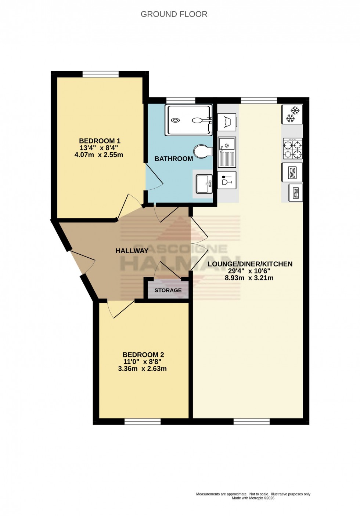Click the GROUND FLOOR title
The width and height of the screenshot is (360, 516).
pos(174,14)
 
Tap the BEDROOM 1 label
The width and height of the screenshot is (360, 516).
pos(100,141)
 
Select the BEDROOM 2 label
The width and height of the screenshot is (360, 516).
pos(143,355)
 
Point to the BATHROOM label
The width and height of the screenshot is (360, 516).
pos(173,159)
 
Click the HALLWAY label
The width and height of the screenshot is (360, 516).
pos(132,251)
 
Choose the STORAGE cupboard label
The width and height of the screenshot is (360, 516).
pos(168,290)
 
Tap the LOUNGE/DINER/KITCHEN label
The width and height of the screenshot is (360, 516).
pos(250,264)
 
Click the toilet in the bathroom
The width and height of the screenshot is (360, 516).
pos(203,151)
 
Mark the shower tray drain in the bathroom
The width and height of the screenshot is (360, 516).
pos(176,120)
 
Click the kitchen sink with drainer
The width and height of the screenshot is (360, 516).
pos(227,152)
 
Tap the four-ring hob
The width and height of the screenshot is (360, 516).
pos(292,149)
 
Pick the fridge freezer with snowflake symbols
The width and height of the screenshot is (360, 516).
pos(292,114)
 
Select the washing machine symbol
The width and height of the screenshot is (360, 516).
pos(227,122)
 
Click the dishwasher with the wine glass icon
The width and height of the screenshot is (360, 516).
pos(227,180)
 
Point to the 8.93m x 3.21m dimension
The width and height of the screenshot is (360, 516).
pos(249,278)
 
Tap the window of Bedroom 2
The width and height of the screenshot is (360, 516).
pos(143,421)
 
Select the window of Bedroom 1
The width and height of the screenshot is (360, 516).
pos(100,74)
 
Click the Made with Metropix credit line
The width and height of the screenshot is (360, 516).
pos(253,498)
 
